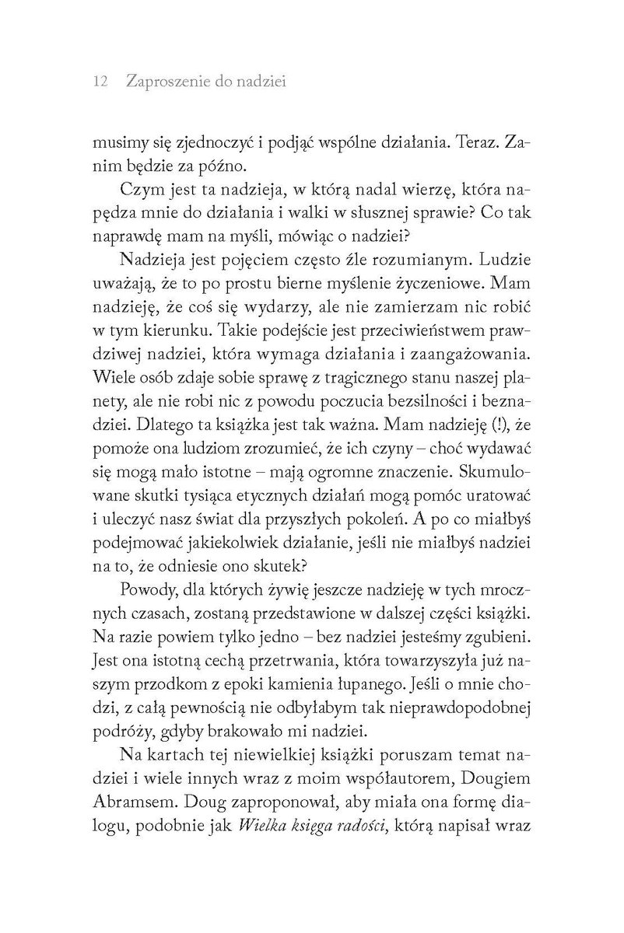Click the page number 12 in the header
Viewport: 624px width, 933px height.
point(99,82)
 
